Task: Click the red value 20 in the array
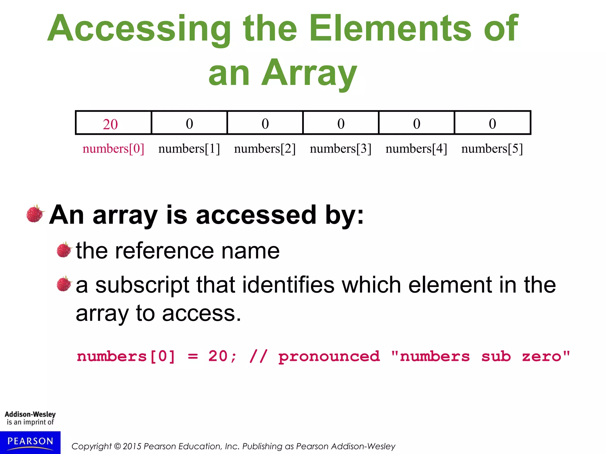pos(110,124)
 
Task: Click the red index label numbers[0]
pos(113,148)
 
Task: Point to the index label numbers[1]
pos(189,148)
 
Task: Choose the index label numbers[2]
pos(265,148)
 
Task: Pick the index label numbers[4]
pos(416,148)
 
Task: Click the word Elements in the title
pos(390,28)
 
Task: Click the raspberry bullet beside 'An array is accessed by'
pos(35,213)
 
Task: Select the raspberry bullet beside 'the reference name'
pos(64,250)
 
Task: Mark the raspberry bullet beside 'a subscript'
pos(64,284)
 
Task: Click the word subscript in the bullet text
pos(142,285)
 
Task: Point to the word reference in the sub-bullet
pos(164,251)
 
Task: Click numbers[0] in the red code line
pos(126,356)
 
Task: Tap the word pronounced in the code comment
pos(329,356)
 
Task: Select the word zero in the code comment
pos(541,356)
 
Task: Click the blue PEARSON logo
pos(30,442)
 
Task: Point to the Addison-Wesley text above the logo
pos(30,414)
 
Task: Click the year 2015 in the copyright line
pos(132,446)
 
